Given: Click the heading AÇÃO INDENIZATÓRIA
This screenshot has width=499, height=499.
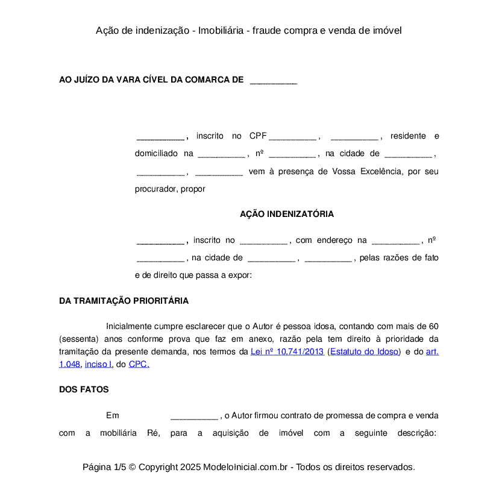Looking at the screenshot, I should (286, 214).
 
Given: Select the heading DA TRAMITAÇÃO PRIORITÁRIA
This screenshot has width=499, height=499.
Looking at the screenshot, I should (124, 301).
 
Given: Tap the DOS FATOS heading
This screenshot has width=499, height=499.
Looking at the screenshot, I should (84, 389).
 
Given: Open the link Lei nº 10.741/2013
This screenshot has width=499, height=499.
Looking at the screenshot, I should (287, 351).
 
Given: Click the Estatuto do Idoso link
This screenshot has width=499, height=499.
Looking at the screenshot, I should (364, 351).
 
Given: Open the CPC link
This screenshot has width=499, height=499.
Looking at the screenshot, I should (139, 364).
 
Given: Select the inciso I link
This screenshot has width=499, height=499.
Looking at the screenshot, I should (98, 364).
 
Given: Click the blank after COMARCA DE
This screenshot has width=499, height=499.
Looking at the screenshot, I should (273, 80).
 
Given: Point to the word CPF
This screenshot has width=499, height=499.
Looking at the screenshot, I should (258, 136).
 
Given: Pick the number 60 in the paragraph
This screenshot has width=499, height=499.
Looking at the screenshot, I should (433, 326).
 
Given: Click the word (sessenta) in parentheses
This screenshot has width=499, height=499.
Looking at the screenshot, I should (79, 339).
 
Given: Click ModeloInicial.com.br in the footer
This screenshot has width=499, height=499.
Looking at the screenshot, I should (248, 467).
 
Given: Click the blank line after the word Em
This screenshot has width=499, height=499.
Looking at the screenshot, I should (193, 416).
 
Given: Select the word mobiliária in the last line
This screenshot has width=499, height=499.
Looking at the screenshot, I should (119, 433).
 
